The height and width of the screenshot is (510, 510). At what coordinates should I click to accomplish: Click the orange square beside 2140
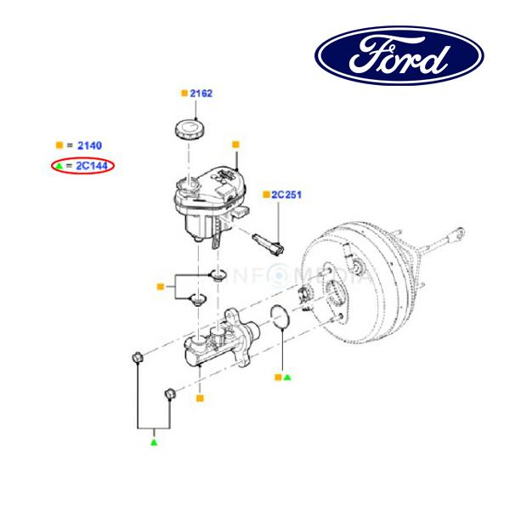59,146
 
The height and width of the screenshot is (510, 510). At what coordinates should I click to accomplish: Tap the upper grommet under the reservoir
217,275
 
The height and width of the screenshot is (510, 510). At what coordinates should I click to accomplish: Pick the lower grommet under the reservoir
200,299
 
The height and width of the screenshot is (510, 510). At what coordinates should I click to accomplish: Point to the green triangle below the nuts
154,443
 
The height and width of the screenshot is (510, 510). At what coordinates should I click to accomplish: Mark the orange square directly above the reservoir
235,144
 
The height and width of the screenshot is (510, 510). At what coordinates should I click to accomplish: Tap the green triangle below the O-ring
287,375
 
